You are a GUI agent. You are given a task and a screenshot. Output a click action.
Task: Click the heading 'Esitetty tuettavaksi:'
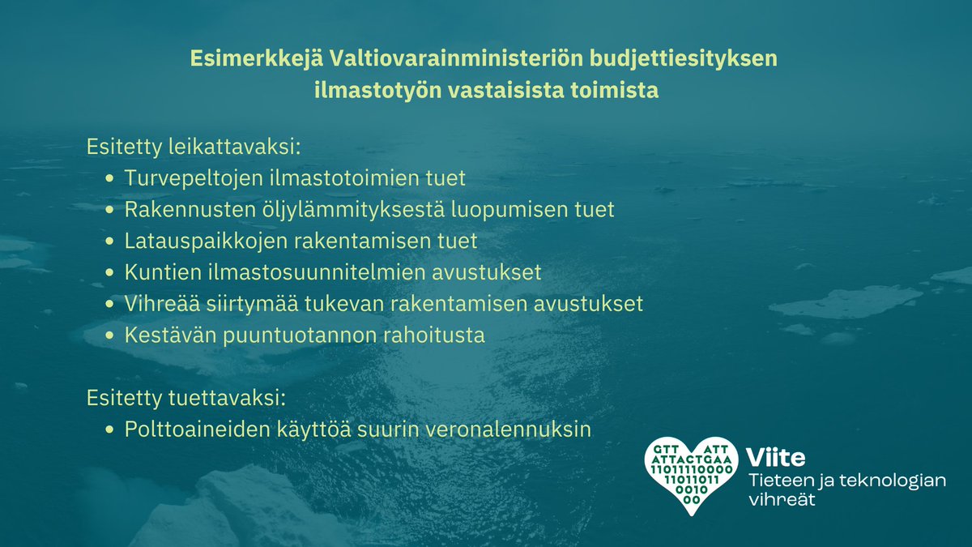click(x=187, y=399)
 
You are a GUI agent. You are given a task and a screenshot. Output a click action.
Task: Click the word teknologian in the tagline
click(x=895, y=480)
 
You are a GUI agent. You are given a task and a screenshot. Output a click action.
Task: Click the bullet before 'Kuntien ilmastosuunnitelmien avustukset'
click(x=110, y=273)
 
